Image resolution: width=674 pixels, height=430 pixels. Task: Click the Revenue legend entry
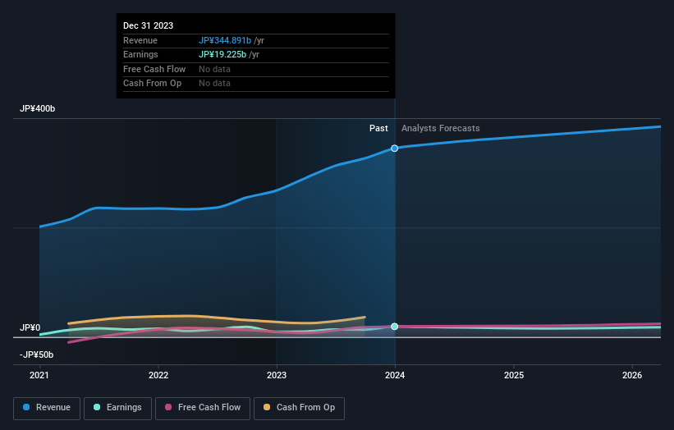click(47, 408)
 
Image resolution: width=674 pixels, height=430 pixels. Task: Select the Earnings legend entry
click(117, 408)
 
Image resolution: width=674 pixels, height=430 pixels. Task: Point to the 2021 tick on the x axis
click(39, 376)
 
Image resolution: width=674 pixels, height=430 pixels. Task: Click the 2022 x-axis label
click(158, 376)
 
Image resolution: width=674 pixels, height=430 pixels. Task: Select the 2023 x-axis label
click(277, 376)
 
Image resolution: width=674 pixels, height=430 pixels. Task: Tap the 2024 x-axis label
click(395, 376)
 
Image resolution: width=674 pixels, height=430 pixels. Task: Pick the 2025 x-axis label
click(514, 376)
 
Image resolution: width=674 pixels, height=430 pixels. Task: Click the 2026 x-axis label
click(632, 376)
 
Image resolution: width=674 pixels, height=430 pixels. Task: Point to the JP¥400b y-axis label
click(37, 109)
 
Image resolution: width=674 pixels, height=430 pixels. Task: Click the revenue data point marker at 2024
click(395, 149)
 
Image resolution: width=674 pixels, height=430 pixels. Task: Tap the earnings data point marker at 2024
click(395, 327)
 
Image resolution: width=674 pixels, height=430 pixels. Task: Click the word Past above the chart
click(378, 128)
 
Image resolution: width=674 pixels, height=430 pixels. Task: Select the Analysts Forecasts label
click(440, 128)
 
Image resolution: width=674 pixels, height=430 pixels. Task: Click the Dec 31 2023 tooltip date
click(148, 26)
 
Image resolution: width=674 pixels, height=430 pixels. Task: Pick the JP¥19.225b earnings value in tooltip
click(222, 54)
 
